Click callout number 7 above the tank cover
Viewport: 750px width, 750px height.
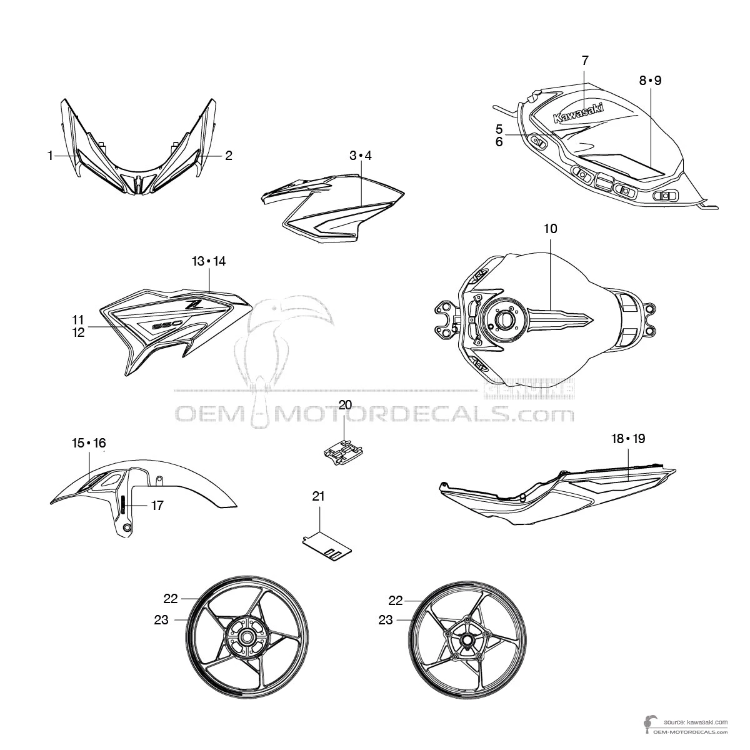pos(585,61)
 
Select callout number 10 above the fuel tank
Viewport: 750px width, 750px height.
pos(550,229)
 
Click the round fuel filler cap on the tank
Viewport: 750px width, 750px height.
pos(504,319)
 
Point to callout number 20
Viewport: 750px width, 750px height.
pos(345,404)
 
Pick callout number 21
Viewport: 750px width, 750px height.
pos(319,497)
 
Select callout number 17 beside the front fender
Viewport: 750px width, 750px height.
pos(157,505)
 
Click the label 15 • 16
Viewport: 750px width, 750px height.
pos(89,443)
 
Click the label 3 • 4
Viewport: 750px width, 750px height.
pos(361,156)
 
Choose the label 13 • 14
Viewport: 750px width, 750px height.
pos(209,261)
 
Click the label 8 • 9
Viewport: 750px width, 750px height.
pos(650,81)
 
